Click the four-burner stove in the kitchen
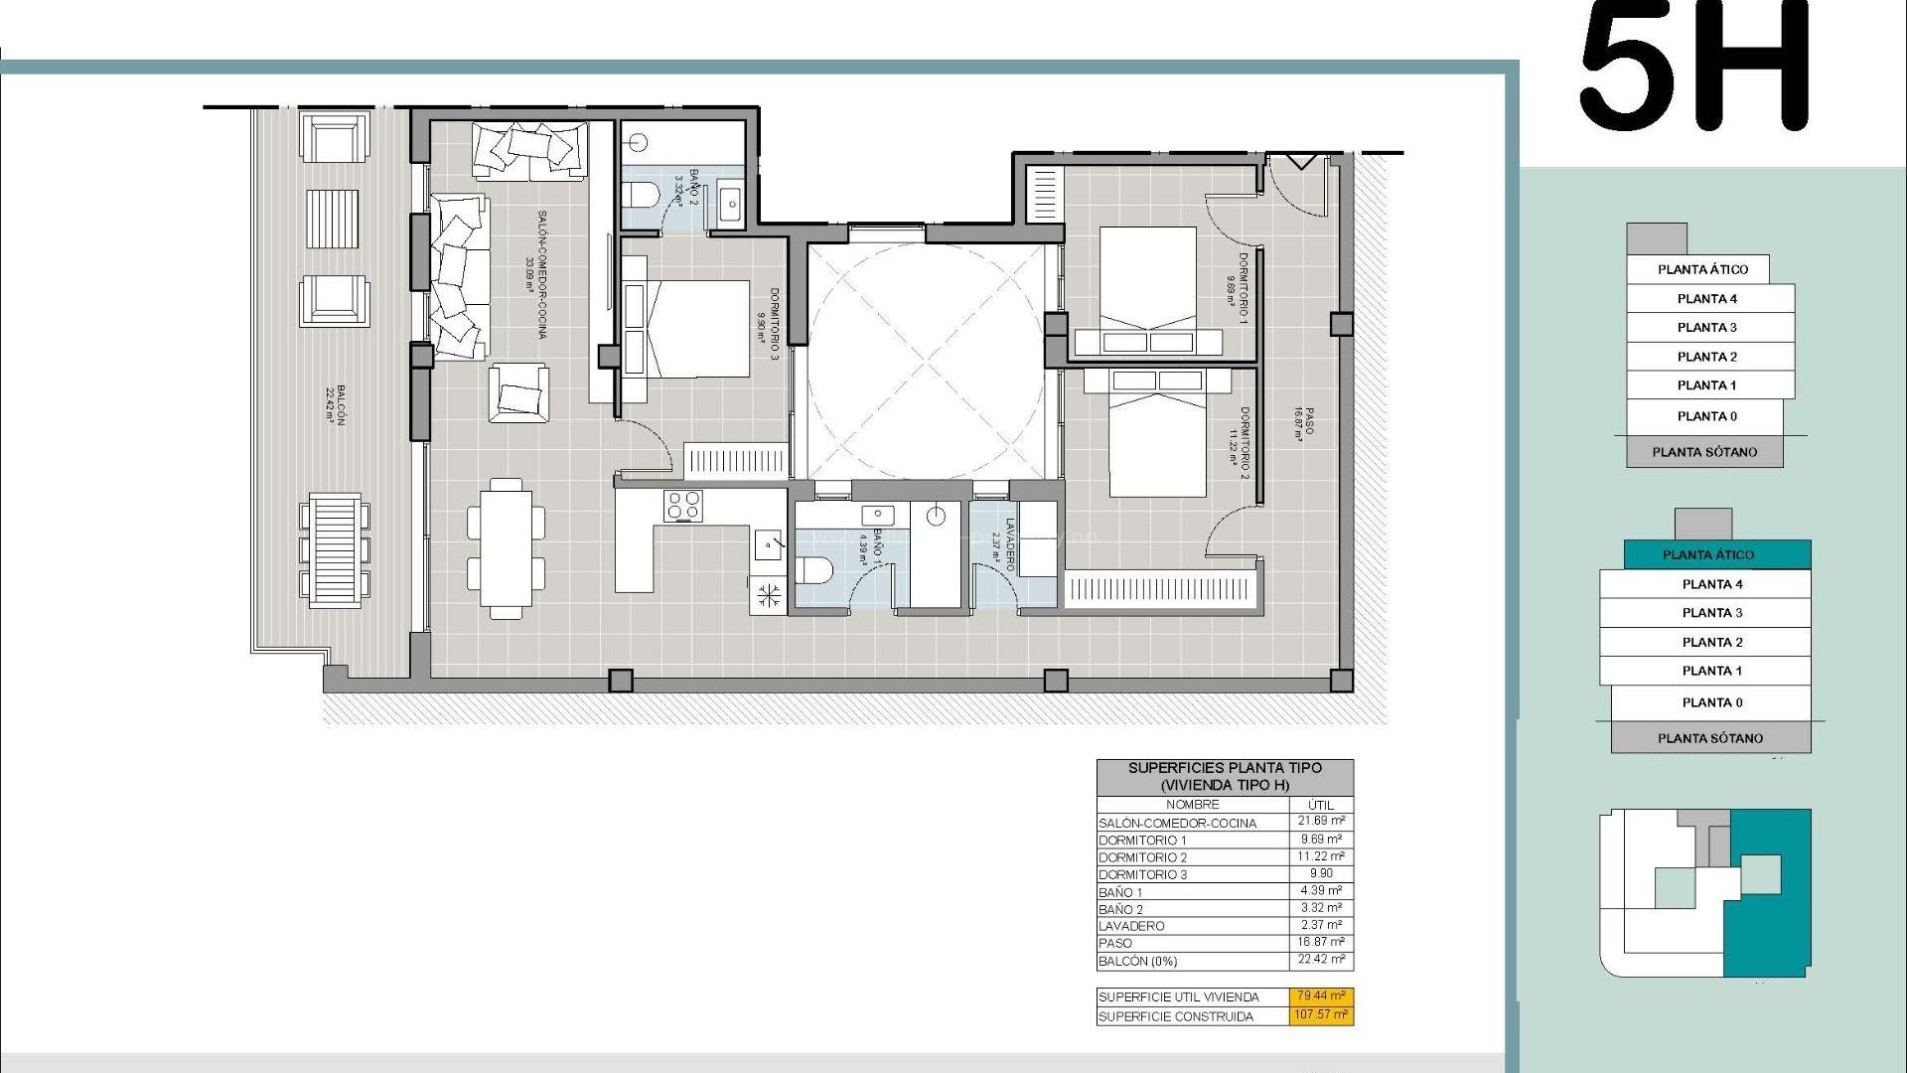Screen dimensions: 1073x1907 (x=683, y=506)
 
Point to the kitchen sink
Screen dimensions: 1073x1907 (x=771, y=543)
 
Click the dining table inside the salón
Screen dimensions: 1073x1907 (x=506, y=547)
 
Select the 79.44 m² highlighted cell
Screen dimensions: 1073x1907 (x=1322, y=996)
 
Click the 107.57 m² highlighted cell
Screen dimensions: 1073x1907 (x=1322, y=1015)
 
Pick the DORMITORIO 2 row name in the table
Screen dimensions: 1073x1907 (x=1142, y=857)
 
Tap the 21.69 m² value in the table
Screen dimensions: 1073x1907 (x=1321, y=821)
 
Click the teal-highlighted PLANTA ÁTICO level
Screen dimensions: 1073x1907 (x=1707, y=554)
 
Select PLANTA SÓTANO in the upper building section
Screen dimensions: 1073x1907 (x=1704, y=452)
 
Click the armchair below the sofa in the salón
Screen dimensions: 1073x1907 (x=518, y=392)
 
